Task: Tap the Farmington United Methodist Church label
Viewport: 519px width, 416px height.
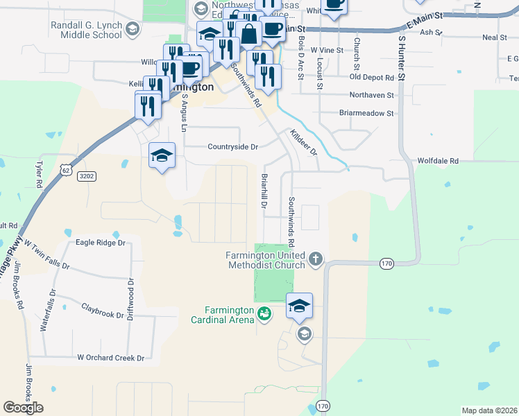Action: tap(265, 260)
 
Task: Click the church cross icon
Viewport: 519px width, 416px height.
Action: tap(316, 260)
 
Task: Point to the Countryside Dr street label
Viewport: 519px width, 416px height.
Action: tap(233, 147)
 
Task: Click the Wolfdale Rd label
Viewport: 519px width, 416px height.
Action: tap(438, 161)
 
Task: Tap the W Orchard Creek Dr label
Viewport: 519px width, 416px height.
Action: tap(110, 358)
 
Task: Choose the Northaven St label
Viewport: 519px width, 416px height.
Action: tap(371, 95)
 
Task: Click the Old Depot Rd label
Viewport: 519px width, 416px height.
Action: tap(371, 78)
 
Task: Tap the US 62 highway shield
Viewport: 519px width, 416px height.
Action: tap(65, 168)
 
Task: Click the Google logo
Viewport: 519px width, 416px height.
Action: tap(23, 408)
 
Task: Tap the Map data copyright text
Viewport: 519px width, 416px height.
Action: tap(489, 410)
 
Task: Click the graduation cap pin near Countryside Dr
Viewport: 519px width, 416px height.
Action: tap(162, 155)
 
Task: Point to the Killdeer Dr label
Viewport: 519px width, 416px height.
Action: tap(303, 142)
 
